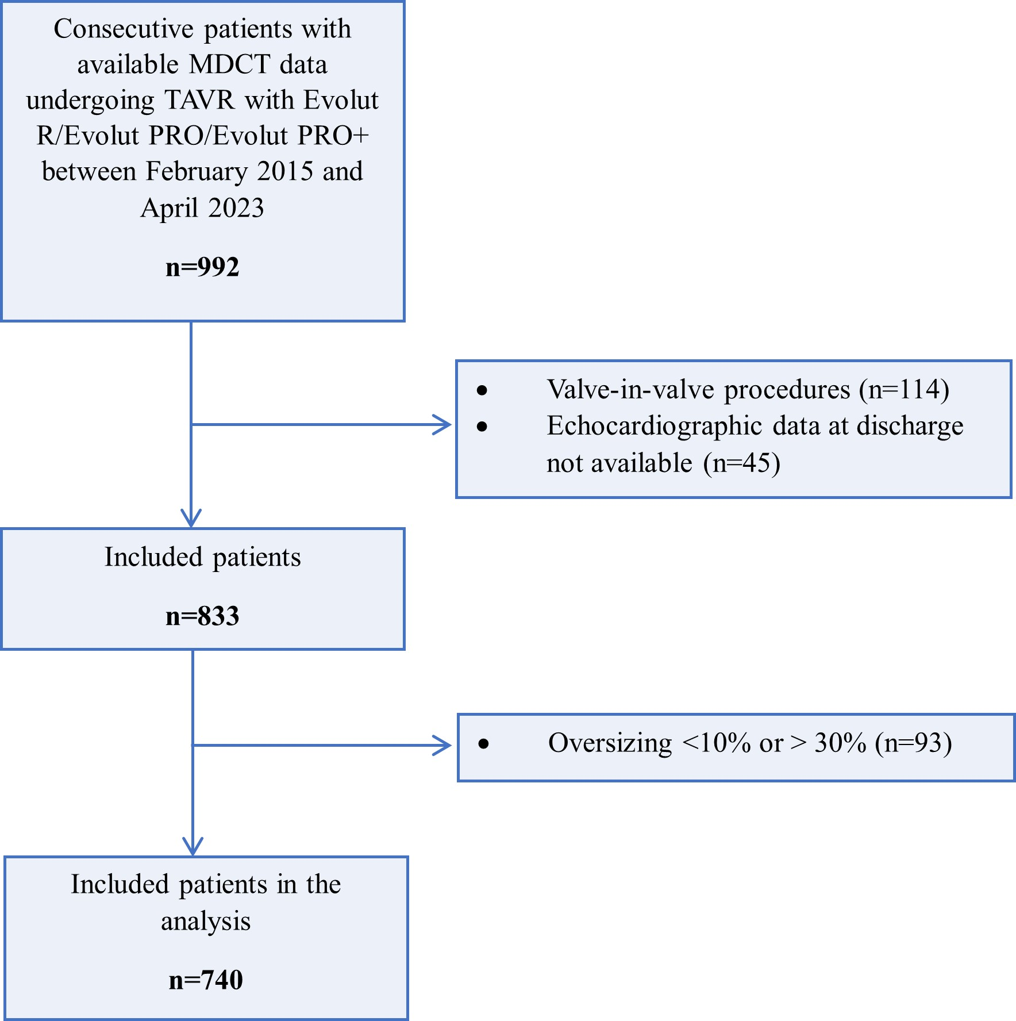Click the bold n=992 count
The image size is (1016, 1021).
click(x=202, y=267)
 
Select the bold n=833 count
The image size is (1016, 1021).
click(x=202, y=616)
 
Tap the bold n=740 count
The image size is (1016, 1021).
click(x=206, y=980)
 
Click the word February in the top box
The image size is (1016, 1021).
click(x=197, y=171)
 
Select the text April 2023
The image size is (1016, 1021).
click(x=202, y=208)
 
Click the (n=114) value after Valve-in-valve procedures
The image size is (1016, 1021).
click(x=904, y=389)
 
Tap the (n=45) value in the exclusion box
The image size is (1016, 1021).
click(x=741, y=463)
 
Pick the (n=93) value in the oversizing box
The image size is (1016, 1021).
click(x=913, y=743)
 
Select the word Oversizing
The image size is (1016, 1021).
click(x=610, y=743)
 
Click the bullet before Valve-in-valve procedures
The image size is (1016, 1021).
click(x=482, y=391)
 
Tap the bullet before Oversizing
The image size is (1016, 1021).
click(x=484, y=744)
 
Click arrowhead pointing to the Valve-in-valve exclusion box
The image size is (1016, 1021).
click(x=444, y=425)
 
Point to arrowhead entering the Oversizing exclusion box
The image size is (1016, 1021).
click(x=444, y=745)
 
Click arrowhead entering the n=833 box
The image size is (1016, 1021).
click(x=191, y=519)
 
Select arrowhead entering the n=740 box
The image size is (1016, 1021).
click(x=193, y=847)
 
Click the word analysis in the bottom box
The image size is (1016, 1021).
click(x=206, y=921)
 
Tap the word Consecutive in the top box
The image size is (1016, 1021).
click(x=124, y=29)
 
